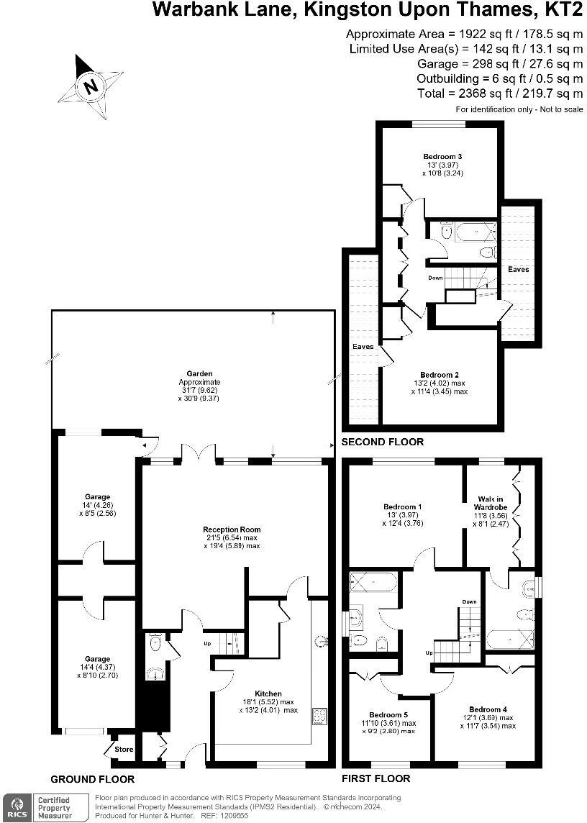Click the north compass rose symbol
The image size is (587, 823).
tap(91, 86)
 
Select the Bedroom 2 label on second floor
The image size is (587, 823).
tap(440, 375)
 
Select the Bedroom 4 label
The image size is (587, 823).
tap(488, 708)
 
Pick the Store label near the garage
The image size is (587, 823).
tap(124, 750)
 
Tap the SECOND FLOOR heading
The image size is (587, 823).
tap(383, 442)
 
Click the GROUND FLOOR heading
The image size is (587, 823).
tap(92, 779)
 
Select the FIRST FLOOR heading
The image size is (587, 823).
tap(376, 778)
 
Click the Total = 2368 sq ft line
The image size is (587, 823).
tap(499, 94)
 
